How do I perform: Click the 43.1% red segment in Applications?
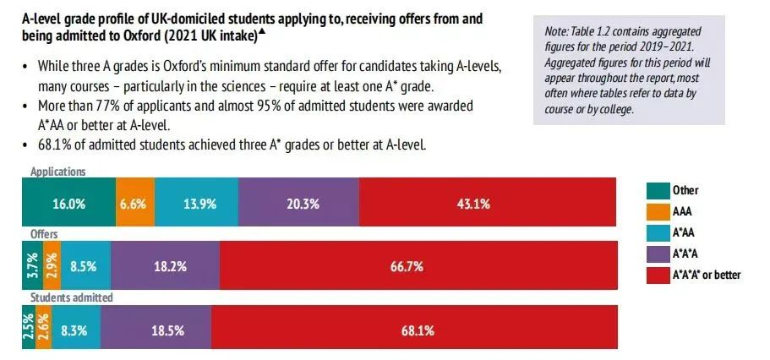[488, 204]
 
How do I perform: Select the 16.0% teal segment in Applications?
[68, 204]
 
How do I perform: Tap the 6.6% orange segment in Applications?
[134, 204]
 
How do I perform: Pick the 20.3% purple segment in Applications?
[298, 204]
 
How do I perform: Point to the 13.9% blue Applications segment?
[196, 204]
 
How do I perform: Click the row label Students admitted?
[71, 297]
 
